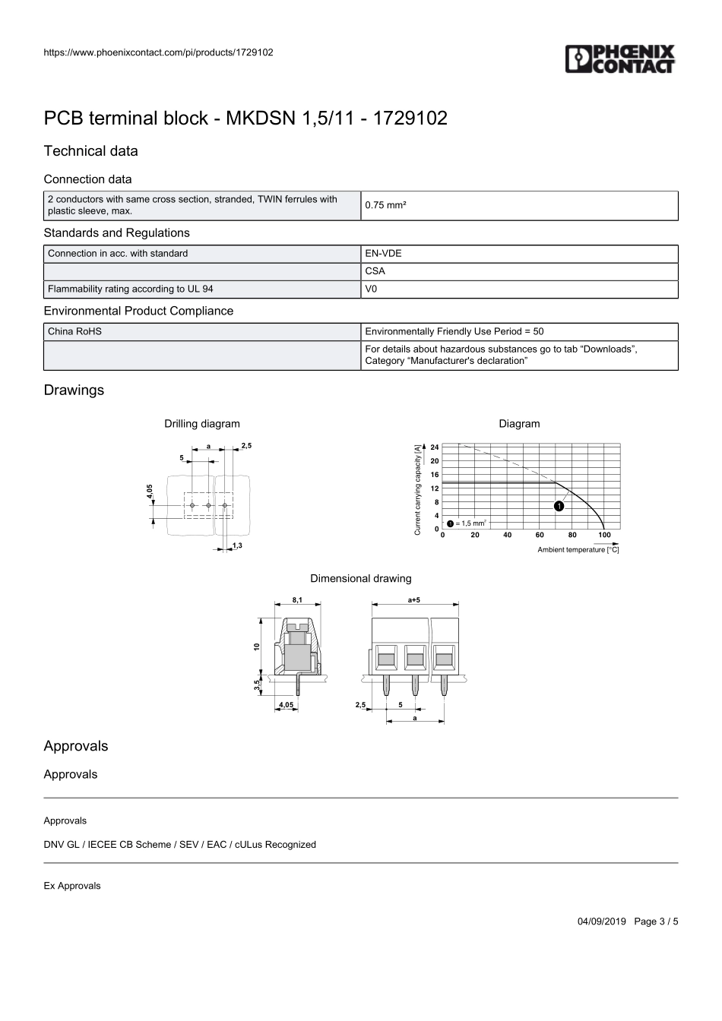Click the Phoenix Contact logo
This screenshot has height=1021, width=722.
619,59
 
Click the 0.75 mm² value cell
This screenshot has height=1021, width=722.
385,205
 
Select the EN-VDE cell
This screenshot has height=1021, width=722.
383,254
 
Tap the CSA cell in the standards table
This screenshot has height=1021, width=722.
375,271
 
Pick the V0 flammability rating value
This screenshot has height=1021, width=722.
372,289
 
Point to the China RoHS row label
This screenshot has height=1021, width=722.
74,331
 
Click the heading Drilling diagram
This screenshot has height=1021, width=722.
202,424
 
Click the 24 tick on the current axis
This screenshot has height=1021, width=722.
435,447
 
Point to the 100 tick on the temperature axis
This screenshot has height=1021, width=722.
604,535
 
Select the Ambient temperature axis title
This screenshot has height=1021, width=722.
578,550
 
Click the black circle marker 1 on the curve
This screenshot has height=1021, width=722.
559,506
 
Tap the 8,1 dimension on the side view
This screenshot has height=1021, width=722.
297,600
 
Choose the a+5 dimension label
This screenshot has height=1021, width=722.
415,600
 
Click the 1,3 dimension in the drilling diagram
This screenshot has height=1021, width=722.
237,545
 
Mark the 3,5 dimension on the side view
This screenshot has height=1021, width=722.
258,685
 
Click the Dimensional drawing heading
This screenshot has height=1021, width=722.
361,579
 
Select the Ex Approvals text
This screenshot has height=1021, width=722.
72,886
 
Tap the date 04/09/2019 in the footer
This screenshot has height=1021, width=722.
601,921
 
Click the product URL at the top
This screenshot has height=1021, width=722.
159,52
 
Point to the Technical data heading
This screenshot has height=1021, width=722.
91,151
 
